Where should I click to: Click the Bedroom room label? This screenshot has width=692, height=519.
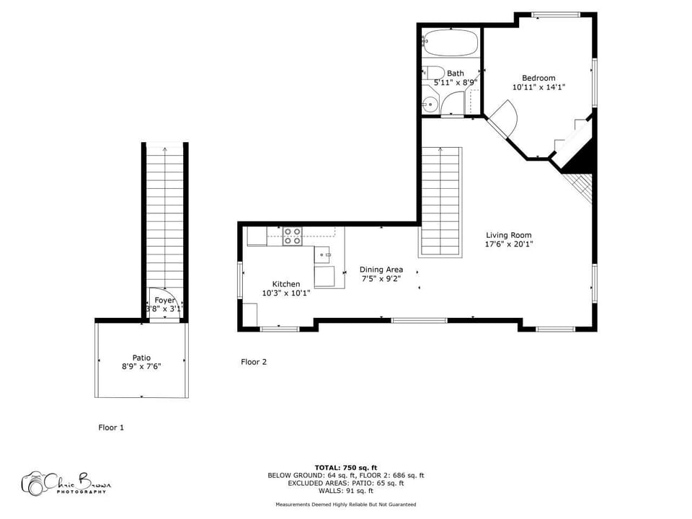538,78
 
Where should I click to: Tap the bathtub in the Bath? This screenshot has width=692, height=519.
451,43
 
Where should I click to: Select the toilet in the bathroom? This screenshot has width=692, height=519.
433,73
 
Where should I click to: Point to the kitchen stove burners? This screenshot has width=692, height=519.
292,236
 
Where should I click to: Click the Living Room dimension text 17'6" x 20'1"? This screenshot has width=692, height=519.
508,244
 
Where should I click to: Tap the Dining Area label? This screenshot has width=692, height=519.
381,270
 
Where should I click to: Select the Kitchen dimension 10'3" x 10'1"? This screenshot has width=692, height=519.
285,293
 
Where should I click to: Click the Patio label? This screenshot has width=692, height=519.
141,357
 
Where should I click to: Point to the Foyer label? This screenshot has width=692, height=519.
165,300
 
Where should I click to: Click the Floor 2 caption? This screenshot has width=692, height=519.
254,362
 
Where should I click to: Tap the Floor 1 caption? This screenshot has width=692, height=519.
111,427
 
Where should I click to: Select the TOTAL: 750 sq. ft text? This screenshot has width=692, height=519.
345,468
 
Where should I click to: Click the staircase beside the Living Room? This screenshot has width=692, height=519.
440,202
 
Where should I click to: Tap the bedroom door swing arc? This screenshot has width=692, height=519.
505,115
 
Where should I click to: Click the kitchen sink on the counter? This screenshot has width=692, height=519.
322,254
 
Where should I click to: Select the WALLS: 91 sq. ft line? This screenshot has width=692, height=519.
345,491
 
